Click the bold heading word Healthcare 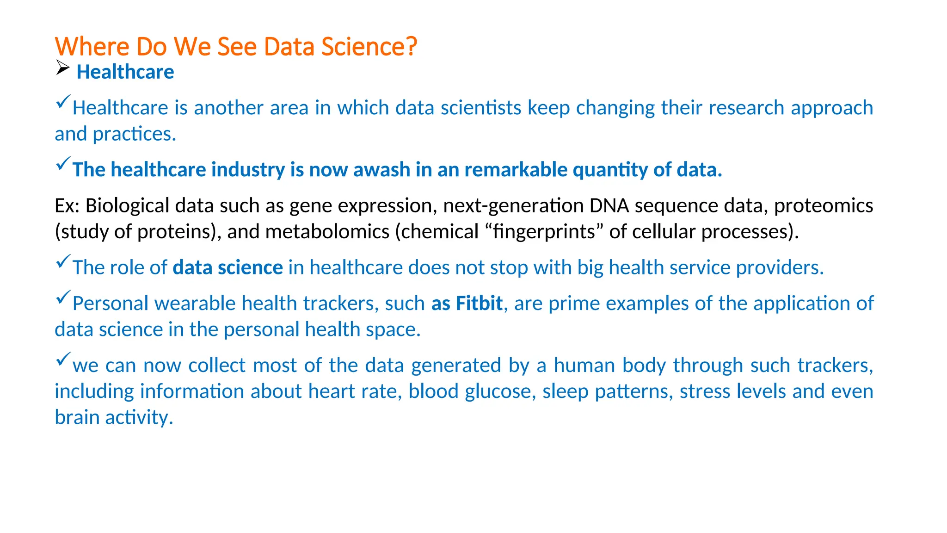[x=125, y=72]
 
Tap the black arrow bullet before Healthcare [x=62, y=68]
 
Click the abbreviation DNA [x=609, y=205]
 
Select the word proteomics [x=823, y=205]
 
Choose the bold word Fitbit [x=479, y=304]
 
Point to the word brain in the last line [x=77, y=417]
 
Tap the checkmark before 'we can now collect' [x=62, y=359]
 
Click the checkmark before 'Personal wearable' [x=62, y=297]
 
